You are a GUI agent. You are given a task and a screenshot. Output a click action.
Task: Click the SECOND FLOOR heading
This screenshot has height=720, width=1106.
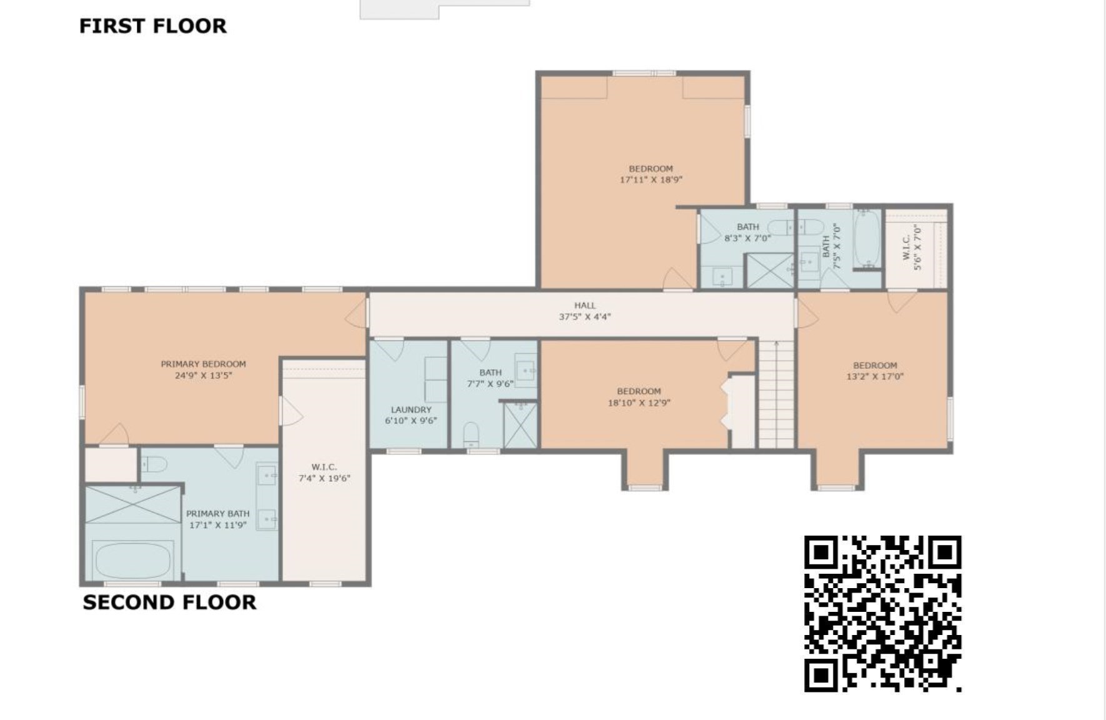[x=169, y=602]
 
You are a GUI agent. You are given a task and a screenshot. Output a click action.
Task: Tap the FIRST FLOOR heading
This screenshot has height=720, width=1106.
[x=152, y=26]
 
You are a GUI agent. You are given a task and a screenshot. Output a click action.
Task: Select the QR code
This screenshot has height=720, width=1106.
[x=882, y=613]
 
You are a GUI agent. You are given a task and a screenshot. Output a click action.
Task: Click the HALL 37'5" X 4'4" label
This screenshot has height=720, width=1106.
[x=585, y=311]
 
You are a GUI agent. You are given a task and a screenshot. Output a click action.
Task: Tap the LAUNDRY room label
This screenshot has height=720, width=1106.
[x=411, y=415]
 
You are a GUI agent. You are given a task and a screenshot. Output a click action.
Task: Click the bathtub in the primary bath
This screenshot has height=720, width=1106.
[x=132, y=560]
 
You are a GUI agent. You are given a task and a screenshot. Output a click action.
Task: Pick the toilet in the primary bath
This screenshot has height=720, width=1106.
[x=154, y=464]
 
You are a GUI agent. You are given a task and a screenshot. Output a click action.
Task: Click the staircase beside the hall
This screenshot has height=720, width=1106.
[x=776, y=394]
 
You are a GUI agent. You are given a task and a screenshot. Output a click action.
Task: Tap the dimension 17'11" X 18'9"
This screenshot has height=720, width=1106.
[x=650, y=180]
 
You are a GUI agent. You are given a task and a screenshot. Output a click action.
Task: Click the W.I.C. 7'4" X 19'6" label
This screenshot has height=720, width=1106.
[x=324, y=472]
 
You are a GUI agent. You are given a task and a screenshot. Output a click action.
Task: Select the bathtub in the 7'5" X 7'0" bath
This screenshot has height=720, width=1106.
[x=867, y=239]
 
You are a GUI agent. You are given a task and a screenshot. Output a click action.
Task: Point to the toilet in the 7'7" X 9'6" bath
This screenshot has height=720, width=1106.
[x=471, y=433]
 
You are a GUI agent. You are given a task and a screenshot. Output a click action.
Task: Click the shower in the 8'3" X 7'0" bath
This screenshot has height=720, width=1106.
[x=770, y=271]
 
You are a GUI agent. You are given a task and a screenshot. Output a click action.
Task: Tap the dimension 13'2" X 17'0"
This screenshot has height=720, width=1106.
[x=875, y=377]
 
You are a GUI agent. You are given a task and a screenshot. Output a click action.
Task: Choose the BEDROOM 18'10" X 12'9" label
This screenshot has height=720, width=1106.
[x=639, y=397]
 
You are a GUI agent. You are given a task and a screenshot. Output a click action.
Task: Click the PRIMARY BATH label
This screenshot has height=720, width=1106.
[x=217, y=519]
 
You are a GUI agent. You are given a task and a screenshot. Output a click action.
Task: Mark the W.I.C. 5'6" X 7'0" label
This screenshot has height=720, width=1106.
[x=912, y=247]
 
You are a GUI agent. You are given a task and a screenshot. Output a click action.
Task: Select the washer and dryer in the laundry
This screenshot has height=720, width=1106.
[x=436, y=379]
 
